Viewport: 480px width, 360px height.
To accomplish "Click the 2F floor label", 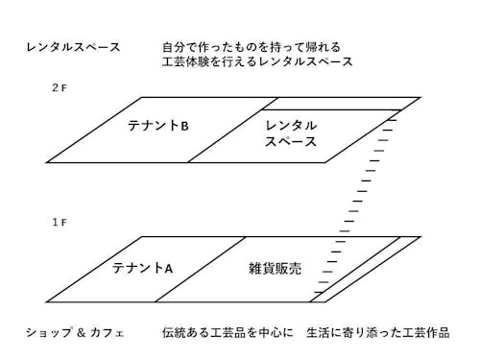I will pyautogui.click(x=59, y=86).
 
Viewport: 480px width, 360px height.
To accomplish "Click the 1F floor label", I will pyautogui.click(x=59, y=222).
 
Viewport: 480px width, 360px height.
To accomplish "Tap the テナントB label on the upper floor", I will pyautogui.click(x=158, y=126).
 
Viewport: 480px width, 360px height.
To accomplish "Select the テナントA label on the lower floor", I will pyautogui.click(x=142, y=268).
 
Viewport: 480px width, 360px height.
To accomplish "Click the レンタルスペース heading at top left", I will pyautogui.click(x=74, y=46).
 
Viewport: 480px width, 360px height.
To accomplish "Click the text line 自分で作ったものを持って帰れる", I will pyautogui.click(x=252, y=46).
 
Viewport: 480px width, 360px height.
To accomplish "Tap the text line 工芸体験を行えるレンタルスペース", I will pyautogui.click(x=257, y=61).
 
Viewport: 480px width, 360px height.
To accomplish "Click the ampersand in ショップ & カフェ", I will pyautogui.click(x=94, y=332).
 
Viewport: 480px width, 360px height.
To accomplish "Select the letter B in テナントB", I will pyautogui.click(x=184, y=126).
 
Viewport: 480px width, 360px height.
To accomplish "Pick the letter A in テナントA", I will pyautogui.click(x=168, y=268).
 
